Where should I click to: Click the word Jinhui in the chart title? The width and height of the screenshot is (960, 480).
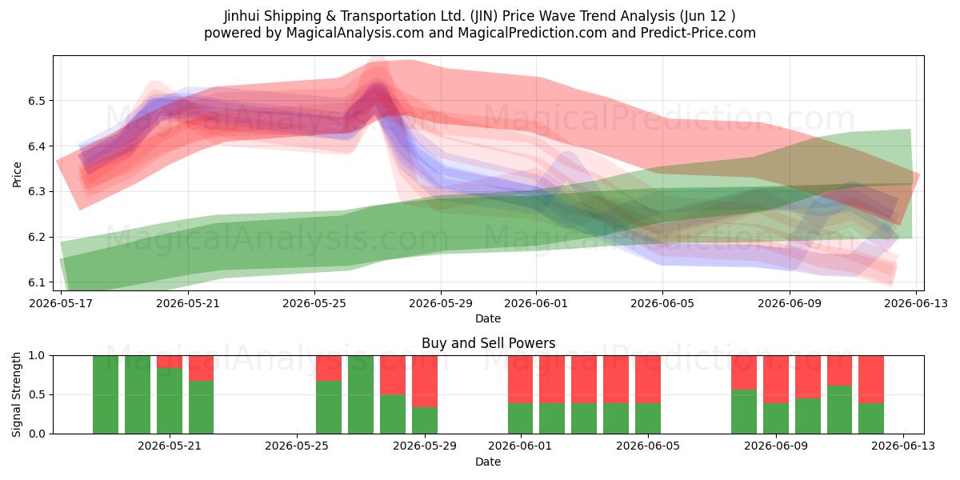coord(242,16)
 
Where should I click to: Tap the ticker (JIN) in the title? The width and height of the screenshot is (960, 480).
coord(484,16)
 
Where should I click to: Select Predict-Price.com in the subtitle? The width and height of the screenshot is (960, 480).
coord(698,33)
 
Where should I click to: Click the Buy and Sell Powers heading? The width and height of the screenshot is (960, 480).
coord(488,343)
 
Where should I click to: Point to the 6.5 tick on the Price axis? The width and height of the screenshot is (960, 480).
coord(37,101)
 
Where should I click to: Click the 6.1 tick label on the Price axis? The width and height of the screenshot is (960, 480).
coord(37,282)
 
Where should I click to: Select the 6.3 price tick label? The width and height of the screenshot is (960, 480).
coord(37,191)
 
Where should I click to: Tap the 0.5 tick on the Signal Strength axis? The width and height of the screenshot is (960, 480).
coord(37,394)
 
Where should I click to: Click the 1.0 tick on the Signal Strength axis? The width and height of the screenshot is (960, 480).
coord(37,355)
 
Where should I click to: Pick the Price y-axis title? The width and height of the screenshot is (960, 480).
coord(17,174)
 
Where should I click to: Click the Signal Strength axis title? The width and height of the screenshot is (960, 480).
coord(16,394)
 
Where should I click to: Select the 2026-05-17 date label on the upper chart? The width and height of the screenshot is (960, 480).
coord(61,303)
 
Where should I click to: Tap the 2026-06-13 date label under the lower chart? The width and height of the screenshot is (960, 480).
coord(903,446)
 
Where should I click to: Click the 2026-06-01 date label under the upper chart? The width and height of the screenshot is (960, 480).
coord(536,303)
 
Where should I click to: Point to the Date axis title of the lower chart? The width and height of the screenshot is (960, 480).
coord(488,462)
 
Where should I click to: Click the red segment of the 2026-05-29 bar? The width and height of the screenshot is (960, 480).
coord(425,382)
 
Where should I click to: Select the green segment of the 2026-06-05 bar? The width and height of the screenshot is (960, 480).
coord(648,418)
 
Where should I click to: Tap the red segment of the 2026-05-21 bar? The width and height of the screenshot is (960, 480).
coord(170,362)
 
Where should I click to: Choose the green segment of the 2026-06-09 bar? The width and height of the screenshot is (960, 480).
coord(776,418)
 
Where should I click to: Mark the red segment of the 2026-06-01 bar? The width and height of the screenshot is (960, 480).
coord(521,379)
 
